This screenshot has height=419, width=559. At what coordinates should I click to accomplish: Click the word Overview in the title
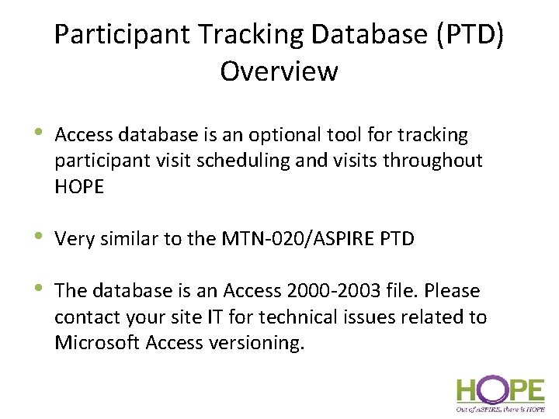click(279, 71)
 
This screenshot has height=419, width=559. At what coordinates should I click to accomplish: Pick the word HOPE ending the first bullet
click(79, 187)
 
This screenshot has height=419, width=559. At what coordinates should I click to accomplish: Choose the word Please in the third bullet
click(453, 291)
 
